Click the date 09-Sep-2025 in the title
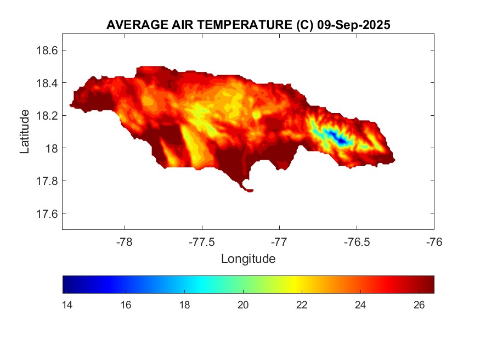click(354, 25)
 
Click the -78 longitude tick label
click(125, 242)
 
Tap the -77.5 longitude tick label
click(202, 242)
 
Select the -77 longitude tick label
click(279, 242)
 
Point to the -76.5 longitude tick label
click(357, 242)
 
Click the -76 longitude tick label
click(434, 242)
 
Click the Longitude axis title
click(248, 258)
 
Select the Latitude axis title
click(25, 132)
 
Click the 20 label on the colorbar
click(243, 306)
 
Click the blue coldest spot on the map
click(342, 141)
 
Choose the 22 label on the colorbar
click(302, 306)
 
